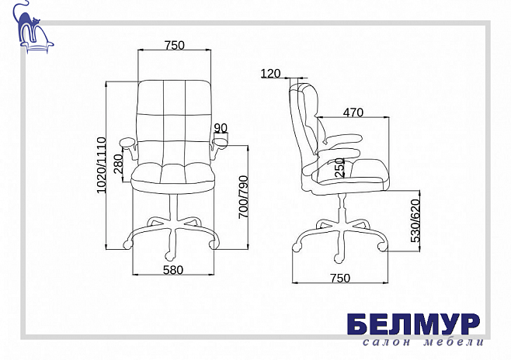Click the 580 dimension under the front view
click(x=173, y=270)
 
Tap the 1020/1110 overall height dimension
click(x=102, y=165)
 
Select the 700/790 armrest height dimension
click(x=243, y=197)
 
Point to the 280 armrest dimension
click(x=118, y=164)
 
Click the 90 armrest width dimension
click(x=221, y=128)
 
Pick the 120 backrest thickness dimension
click(x=270, y=74)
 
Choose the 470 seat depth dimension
click(x=353, y=112)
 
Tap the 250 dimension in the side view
click(x=339, y=168)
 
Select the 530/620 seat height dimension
click(x=415, y=220)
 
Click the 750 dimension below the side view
click(x=340, y=279)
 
